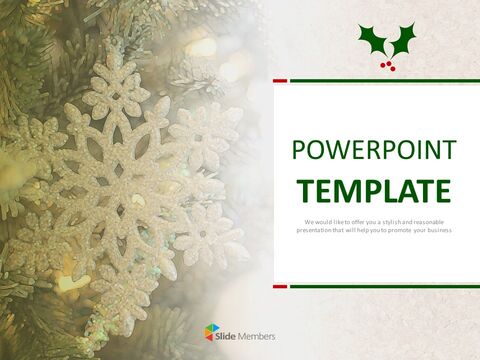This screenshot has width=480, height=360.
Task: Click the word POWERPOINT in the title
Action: click(x=374, y=151)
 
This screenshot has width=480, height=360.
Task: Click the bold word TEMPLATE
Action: click(x=374, y=189)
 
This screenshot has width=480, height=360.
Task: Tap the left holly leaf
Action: click(x=373, y=41)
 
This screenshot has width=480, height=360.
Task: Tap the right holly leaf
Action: click(x=403, y=40)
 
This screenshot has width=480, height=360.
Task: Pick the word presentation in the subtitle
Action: click(x=317, y=230)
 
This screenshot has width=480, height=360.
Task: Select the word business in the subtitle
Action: click(x=437, y=230)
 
